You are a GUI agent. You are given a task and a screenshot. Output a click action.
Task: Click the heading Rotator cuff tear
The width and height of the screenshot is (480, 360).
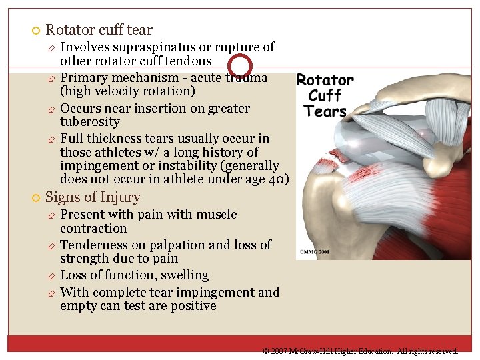click(99, 30)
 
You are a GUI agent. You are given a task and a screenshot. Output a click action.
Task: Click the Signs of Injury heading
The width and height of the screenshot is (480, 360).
click(93, 197)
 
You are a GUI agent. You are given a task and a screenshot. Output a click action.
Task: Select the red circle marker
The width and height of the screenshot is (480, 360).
click(240, 66)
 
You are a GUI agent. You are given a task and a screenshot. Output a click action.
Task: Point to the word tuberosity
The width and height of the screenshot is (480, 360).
click(89, 122)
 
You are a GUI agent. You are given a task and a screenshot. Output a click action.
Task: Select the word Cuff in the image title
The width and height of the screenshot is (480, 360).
click(325, 95)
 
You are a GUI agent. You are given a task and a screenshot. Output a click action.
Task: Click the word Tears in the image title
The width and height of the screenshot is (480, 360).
click(325, 111)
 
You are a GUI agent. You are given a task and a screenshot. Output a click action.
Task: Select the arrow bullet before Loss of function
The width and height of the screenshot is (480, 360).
click(51, 276)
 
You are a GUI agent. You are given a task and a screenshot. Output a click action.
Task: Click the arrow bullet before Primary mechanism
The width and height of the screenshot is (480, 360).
click(51, 79)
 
